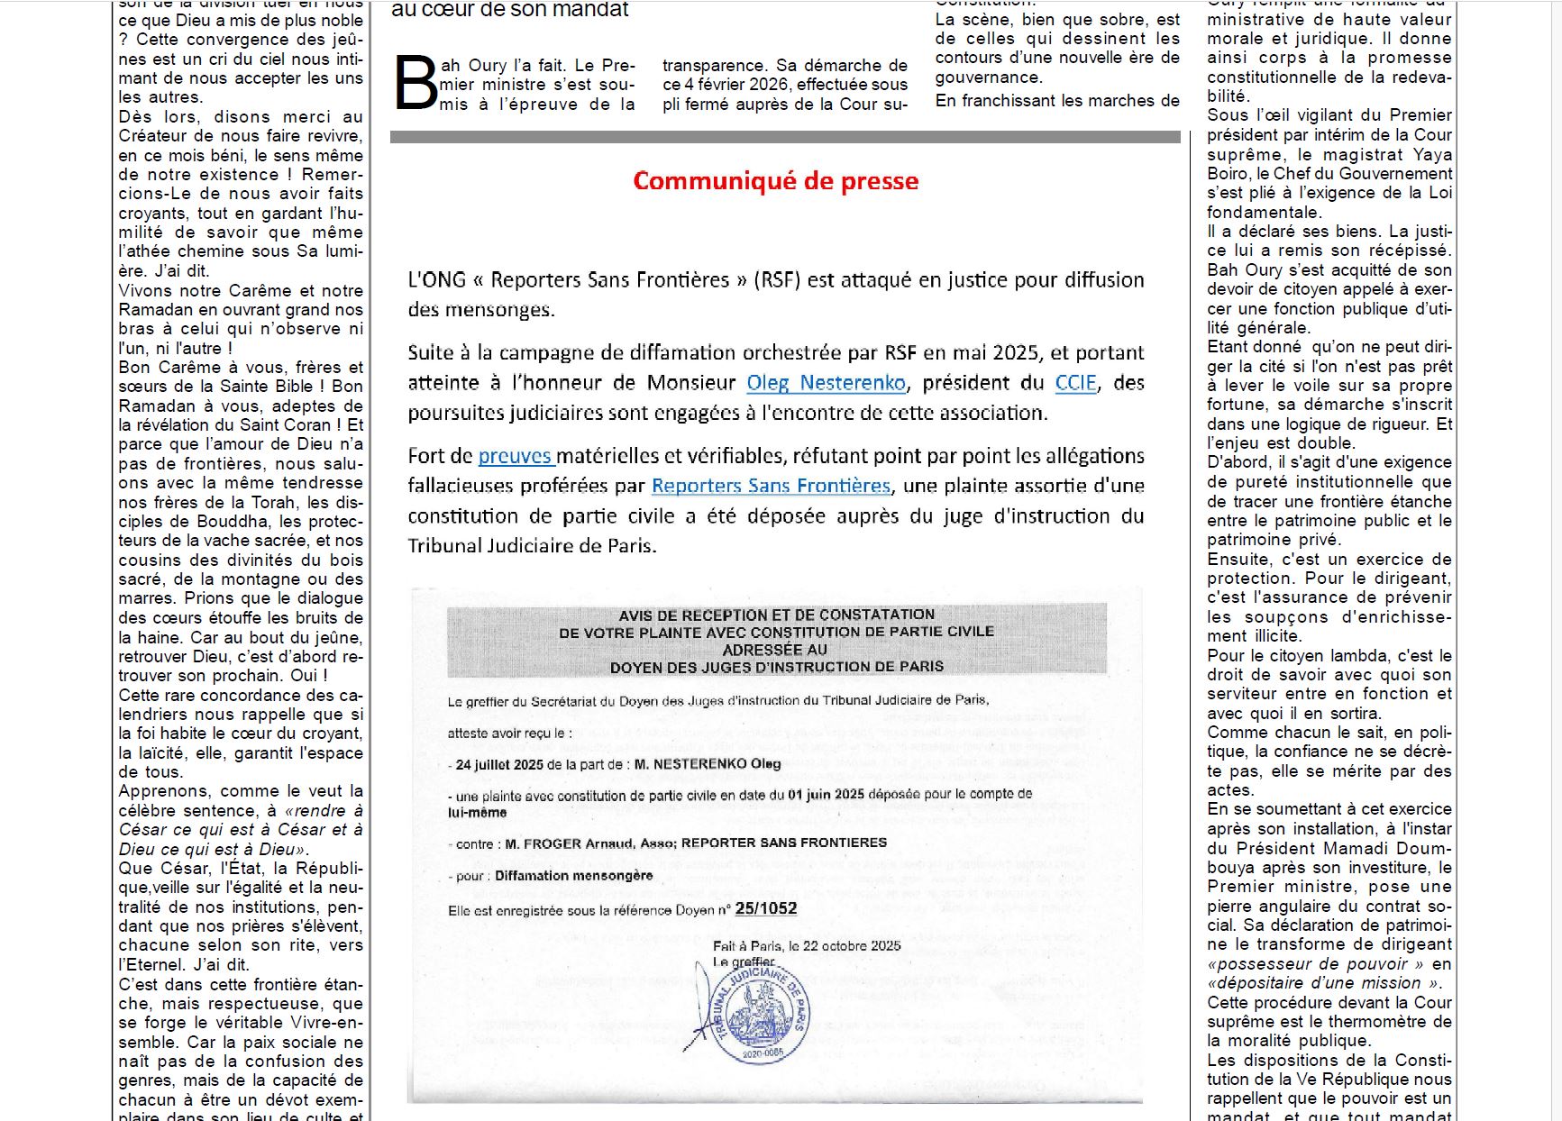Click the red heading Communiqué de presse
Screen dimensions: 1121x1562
point(775,181)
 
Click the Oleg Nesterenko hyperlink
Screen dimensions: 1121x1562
point(826,383)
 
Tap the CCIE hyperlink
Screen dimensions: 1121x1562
point(1075,383)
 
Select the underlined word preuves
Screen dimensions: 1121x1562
point(515,456)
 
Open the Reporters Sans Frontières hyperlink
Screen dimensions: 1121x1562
point(771,486)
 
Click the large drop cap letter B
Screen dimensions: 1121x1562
point(416,85)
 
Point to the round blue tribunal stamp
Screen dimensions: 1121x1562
point(763,1014)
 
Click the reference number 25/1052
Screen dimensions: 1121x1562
point(766,908)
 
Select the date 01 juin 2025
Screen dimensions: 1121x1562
point(826,794)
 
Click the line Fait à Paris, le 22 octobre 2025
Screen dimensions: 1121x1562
point(807,945)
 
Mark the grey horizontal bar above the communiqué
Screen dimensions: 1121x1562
point(784,137)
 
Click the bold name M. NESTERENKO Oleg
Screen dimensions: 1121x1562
point(708,764)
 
